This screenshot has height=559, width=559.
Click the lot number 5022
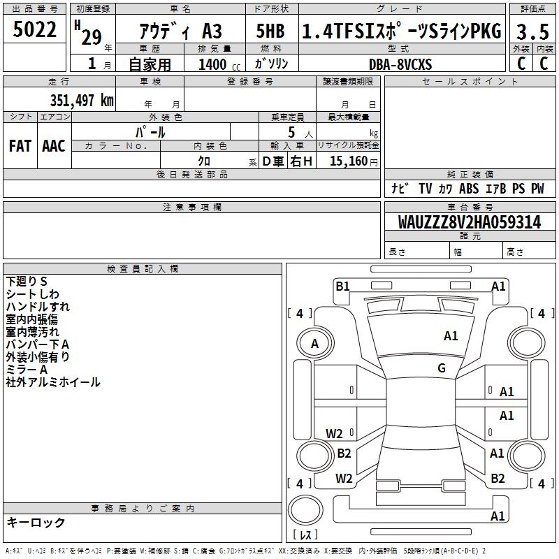pos(35,31)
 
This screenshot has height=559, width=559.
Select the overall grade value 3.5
pos(532,32)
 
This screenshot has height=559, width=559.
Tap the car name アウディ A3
pos(180,32)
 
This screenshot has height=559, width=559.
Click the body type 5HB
pos(270,32)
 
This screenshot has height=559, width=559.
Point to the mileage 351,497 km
pos(82,100)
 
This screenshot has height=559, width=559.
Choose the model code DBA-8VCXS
pos(400,64)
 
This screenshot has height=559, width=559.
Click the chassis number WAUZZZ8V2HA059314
pos(469,223)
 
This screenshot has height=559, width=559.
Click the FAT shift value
pos(20,146)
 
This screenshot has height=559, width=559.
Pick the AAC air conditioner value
pos(54,146)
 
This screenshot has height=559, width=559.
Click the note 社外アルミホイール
pos(53,382)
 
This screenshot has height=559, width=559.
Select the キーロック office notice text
pos(36,523)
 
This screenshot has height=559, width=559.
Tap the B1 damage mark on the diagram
pos(342,286)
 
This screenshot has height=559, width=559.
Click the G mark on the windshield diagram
pos(442,368)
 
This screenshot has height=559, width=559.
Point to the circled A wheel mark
pos(314,344)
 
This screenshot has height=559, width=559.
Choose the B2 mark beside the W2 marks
pos(344,453)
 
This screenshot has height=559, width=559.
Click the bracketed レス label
pos(305,535)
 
